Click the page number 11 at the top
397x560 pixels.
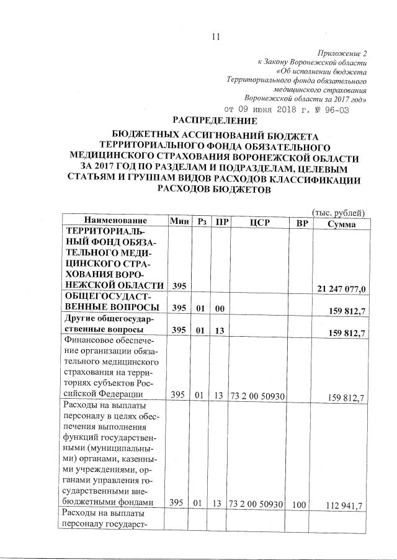216,37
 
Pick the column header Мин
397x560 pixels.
179,221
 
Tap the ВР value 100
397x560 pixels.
300,505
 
